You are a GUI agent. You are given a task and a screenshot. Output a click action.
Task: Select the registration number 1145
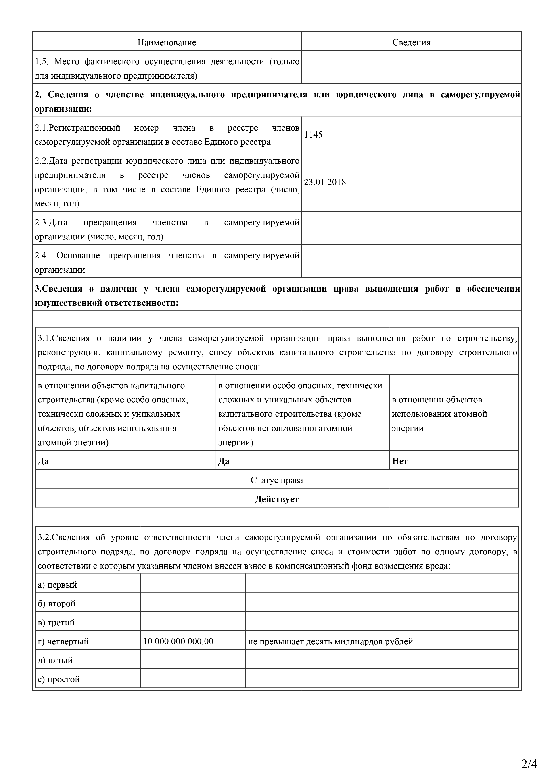313,135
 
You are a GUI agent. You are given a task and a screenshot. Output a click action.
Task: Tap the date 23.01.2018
325,182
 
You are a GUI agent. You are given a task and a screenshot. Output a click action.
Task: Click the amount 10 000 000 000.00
178,641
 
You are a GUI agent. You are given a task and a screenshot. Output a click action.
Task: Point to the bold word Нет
400,461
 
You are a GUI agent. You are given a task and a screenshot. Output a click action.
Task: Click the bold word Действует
277,499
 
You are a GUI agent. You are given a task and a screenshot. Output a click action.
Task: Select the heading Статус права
277,480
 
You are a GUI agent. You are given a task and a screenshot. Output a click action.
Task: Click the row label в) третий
56,623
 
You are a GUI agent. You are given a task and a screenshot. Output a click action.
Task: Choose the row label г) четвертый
63,641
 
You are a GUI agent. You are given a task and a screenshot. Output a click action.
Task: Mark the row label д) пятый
55,660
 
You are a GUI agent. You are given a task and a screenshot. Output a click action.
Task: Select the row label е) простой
59,679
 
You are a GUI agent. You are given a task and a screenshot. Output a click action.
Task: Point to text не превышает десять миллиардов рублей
330,641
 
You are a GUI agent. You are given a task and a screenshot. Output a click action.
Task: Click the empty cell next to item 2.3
411,228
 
